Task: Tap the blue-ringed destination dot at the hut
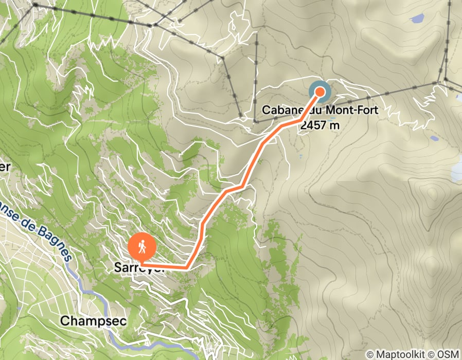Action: point(320,92)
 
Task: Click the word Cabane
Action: point(281,110)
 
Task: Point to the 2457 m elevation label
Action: point(320,124)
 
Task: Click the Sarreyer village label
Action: point(139,268)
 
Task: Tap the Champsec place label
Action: point(86,321)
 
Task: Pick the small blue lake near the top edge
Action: point(417,19)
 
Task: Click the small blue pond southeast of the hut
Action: point(435,138)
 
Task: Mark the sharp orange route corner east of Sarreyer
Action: point(186,267)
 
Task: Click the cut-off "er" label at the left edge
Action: point(5,167)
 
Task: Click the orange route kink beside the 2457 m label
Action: point(300,120)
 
